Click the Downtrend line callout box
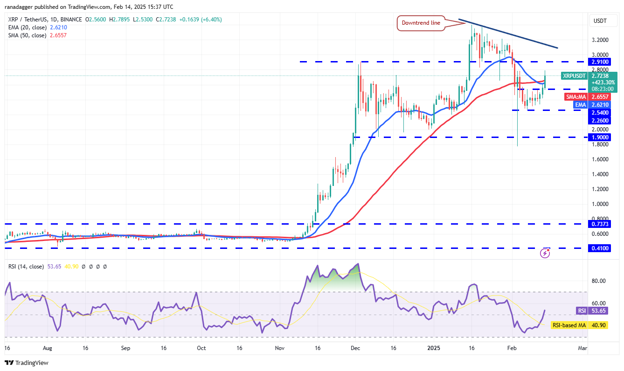coord(421,23)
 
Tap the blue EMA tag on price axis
coord(580,105)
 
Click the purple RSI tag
coord(581,310)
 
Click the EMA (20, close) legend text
coord(27,27)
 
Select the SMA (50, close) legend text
coord(27,35)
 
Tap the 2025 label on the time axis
coord(434,348)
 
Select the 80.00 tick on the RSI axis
coord(599,281)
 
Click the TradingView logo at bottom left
coord(27,363)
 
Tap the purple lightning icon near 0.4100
coord(545,253)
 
